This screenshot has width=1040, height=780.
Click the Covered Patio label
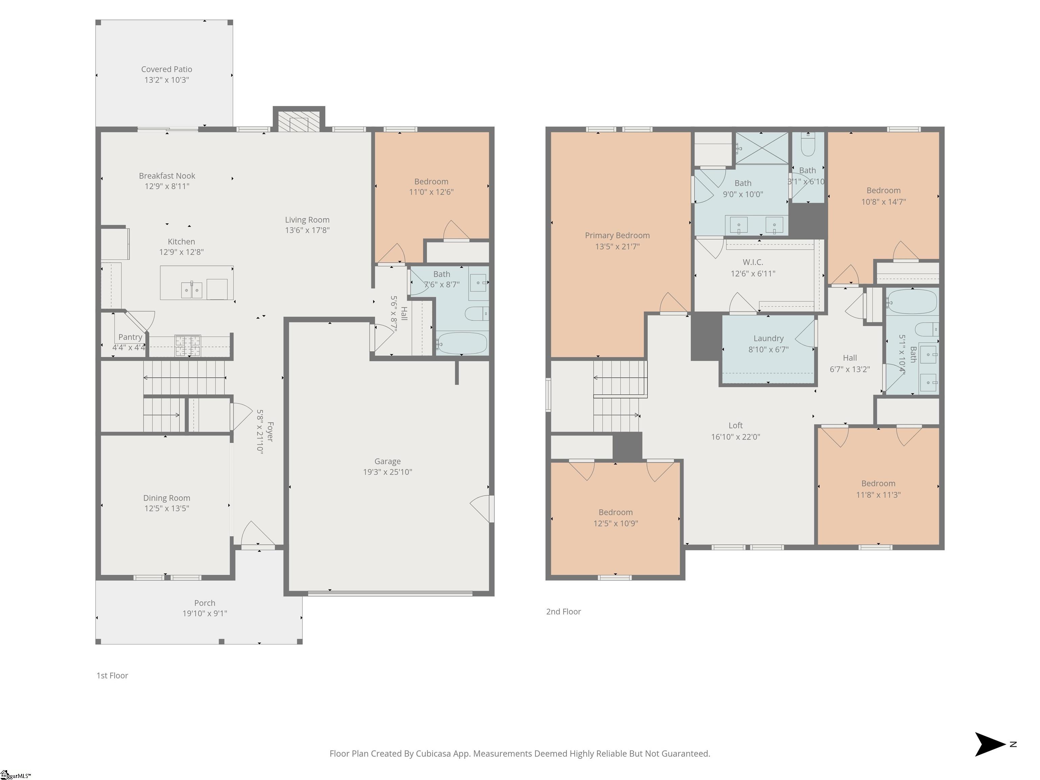click(x=167, y=69)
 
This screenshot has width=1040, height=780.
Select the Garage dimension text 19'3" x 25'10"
click(x=387, y=472)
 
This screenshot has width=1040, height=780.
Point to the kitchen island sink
click(x=191, y=290)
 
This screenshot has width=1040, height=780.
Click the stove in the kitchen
click(x=188, y=346)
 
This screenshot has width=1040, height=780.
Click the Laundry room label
click(x=768, y=339)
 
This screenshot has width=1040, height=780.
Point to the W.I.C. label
click(x=753, y=262)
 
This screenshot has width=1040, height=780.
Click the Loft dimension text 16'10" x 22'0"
click(x=735, y=437)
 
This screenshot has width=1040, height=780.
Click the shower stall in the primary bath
click(x=762, y=148)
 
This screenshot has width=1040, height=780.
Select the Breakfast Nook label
click(x=167, y=176)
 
